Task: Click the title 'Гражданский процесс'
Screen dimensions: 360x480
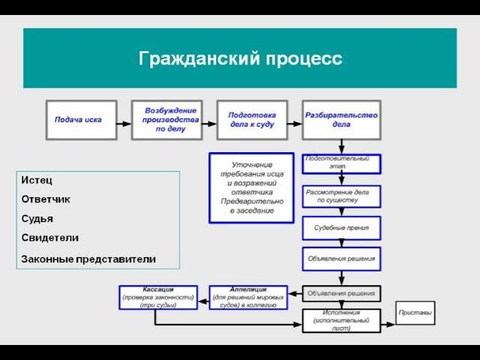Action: (x=240, y=58)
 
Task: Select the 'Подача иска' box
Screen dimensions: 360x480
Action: (x=81, y=119)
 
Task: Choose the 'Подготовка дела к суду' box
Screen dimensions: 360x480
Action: (x=251, y=119)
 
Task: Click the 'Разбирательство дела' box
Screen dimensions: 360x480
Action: (x=341, y=119)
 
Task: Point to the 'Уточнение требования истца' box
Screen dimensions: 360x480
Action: (x=251, y=187)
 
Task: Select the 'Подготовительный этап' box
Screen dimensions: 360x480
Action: (x=341, y=163)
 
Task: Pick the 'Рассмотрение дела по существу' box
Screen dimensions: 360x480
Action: (x=341, y=196)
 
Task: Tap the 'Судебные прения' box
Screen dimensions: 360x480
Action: (x=341, y=227)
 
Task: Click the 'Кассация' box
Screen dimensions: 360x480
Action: (x=158, y=297)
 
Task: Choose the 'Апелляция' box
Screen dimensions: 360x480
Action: (x=247, y=297)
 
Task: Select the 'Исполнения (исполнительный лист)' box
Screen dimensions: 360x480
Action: (x=341, y=320)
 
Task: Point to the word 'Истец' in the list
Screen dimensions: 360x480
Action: (x=37, y=181)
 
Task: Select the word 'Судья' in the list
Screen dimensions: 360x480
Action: (x=37, y=218)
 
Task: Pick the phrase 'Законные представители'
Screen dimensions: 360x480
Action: (x=88, y=259)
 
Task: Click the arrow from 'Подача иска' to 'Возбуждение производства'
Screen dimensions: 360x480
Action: (x=124, y=119)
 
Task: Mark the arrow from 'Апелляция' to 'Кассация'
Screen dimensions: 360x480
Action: (x=203, y=297)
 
